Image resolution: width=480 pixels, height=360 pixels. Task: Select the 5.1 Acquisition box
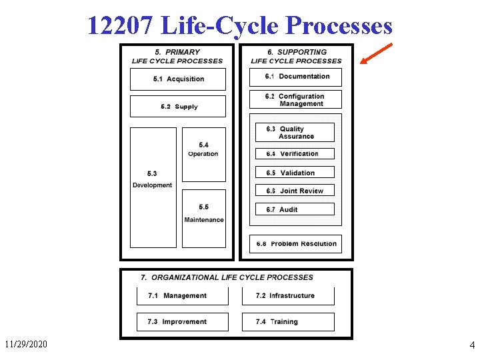coord(178,79)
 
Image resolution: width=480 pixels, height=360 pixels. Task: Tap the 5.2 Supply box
coord(178,107)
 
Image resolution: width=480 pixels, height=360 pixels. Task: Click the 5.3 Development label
coord(153,180)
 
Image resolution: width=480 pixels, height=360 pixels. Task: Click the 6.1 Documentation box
coord(295,77)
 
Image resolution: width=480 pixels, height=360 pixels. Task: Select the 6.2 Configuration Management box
coord(295,100)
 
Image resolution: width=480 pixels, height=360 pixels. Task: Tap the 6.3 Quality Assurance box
coord(295,133)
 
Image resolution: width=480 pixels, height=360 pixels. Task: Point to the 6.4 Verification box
coord(295,154)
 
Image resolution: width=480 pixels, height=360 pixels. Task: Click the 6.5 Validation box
coord(295,173)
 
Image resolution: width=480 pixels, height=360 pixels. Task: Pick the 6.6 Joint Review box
coord(295,191)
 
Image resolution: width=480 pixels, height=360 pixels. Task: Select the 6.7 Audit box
coord(295,209)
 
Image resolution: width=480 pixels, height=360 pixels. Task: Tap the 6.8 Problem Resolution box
coord(295,244)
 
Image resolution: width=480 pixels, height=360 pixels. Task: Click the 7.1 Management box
coord(183,296)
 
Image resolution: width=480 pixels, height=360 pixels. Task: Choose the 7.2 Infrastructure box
coord(287,296)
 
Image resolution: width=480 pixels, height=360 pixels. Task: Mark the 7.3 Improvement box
coord(183,322)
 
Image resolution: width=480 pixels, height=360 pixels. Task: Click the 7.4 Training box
coord(287,322)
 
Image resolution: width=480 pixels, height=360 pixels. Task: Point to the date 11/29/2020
coord(27,345)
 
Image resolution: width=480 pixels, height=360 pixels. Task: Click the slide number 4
coord(472,345)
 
